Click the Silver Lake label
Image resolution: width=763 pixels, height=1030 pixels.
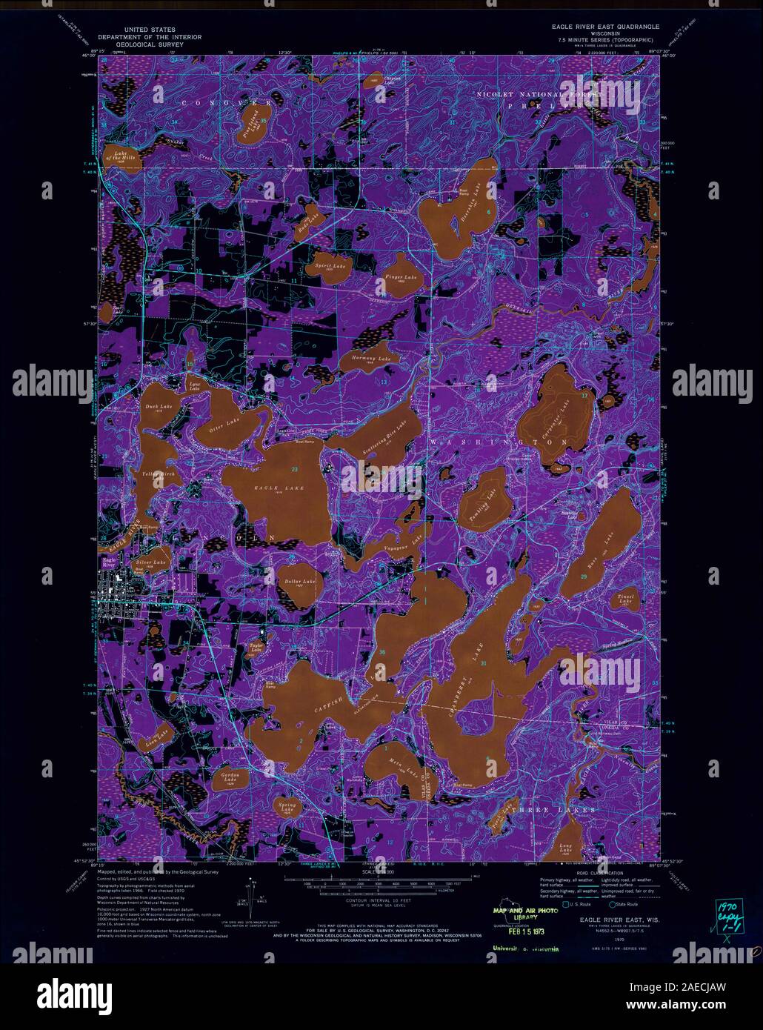click(x=153, y=563)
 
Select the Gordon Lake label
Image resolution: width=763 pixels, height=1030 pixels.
click(x=228, y=777)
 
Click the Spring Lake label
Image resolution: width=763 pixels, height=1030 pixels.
click(x=287, y=807)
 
